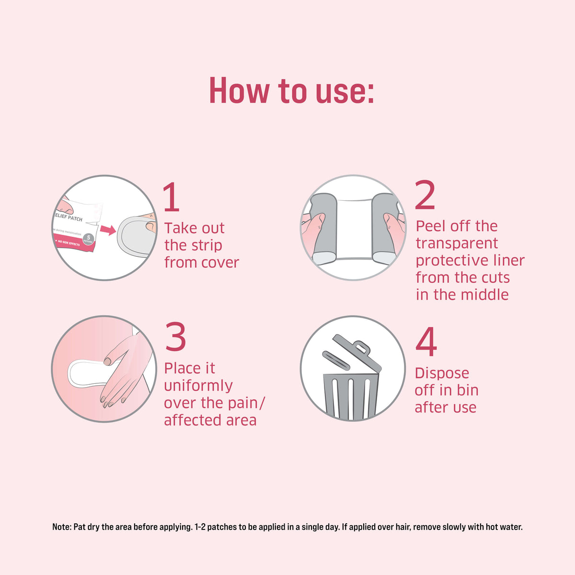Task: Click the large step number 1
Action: pos(172,197)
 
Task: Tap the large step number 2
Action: pos(425,195)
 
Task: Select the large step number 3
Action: pos(175,337)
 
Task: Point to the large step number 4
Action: pos(425,342)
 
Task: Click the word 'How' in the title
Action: pos(238,91)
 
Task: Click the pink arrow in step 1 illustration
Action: pos(109,230)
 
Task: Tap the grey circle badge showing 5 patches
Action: pos(88,239)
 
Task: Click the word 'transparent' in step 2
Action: pos(457,243)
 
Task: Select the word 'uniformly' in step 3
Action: pos(198,385)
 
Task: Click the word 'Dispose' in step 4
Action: pos(441,373)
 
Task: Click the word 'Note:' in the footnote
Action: pos(61,527)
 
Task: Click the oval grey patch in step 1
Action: pos(135,237)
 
